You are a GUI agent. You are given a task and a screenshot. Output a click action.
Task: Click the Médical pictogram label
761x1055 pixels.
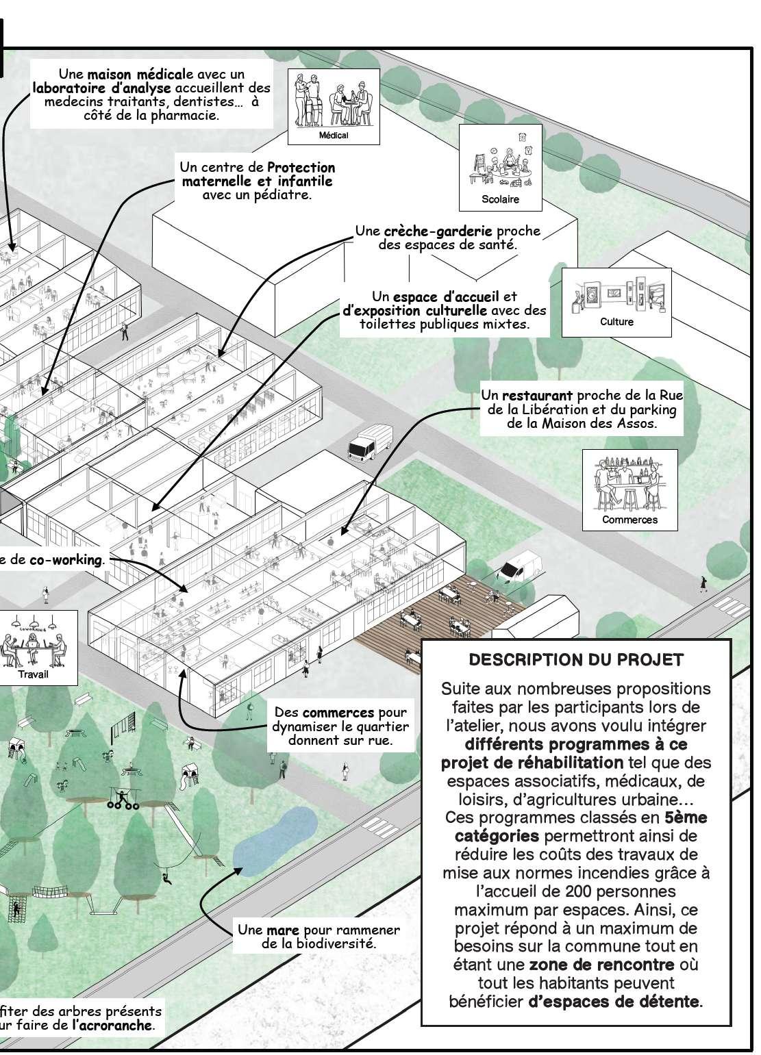click(x=334, y=136)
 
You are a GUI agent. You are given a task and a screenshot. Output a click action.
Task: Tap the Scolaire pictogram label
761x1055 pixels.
click(x=500, y=200)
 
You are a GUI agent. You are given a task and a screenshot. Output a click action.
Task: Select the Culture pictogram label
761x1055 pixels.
click(x=616, y=322)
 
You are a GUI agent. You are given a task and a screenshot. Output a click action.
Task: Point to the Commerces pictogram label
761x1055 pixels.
click(x=629, y=520)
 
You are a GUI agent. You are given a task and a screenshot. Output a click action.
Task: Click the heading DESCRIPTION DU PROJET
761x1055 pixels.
click(x=575, y=660)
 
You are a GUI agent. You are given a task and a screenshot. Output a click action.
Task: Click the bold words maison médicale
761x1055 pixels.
click(x=136, y=74)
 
